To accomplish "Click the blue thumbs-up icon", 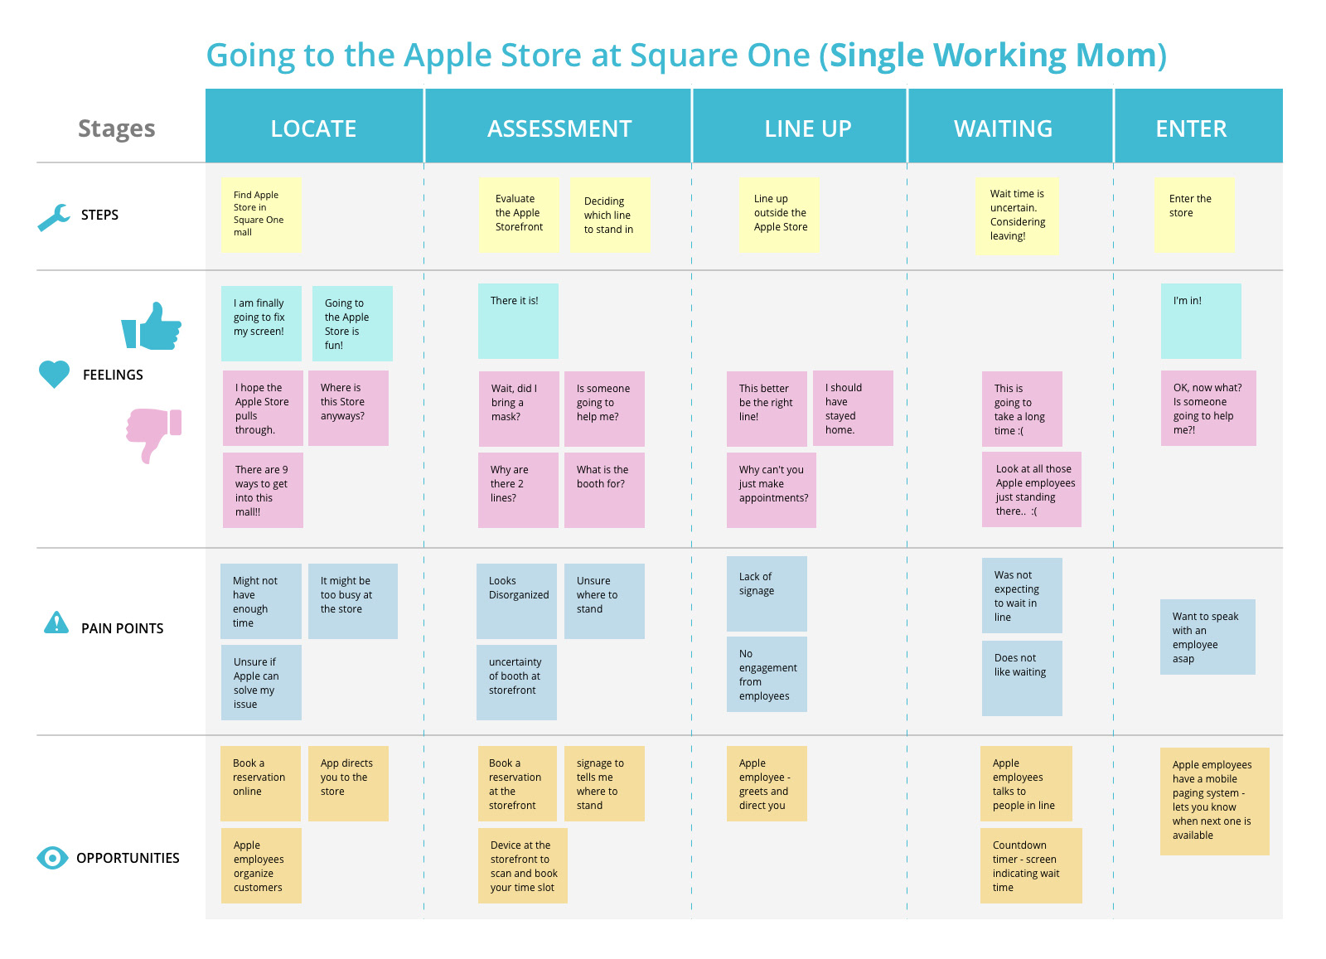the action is tap(152, 327).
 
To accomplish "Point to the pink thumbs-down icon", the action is tap(153, 435).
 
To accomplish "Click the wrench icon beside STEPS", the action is tap(54, 217).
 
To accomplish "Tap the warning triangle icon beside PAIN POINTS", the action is tap(56, 622).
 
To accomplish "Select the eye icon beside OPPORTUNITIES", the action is tap(52, 858).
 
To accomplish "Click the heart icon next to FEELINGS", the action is tap(54, 374).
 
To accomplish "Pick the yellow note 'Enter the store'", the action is tap(1194, 215).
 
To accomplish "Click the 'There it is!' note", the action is tap(518, 321).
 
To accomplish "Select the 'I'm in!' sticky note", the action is tap(1201, 321).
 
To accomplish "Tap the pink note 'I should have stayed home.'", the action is tap(853, 408).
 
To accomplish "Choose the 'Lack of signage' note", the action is tap(767, 593).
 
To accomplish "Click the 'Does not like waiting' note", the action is tap(1022, 678).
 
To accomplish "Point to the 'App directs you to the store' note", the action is tap(348, 784).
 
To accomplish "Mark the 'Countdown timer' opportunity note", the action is tap(1031, 865).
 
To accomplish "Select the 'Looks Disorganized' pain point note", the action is tap(516, 601).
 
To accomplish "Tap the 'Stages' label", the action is tap(117, 128).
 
